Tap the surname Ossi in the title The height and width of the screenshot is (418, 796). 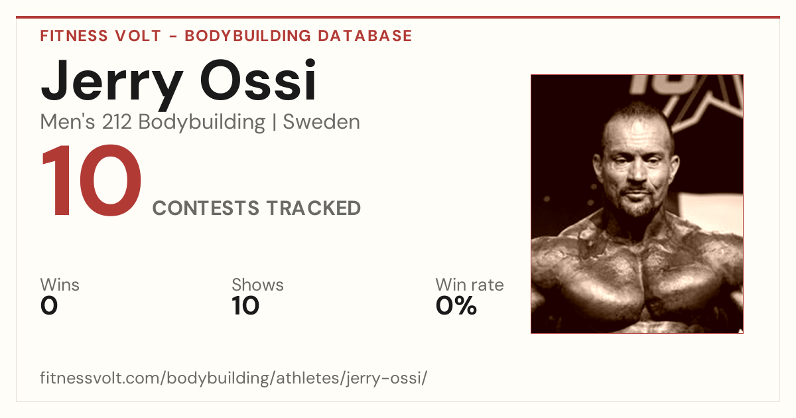[258, 80]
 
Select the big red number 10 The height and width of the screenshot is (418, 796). [92, 180]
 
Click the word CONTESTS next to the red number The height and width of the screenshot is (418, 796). [206, 208]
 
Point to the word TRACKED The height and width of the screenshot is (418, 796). [313, 208]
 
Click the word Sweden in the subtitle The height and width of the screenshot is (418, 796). [321, 122]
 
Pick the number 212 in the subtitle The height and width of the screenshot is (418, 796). [117, 122]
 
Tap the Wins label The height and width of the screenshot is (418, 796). [60, 285]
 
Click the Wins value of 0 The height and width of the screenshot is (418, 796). [49, 306]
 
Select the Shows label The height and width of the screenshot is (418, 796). [257, 285]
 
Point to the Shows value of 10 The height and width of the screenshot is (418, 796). [245, 306]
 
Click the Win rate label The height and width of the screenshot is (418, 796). [470, 285]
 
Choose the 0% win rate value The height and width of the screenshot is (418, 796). [456, 306]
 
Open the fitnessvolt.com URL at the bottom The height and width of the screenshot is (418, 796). [233, 378]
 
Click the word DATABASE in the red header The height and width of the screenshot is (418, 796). [365, 36]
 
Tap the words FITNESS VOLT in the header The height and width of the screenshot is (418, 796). [101, 36]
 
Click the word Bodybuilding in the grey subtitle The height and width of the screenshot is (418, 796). [202, 123]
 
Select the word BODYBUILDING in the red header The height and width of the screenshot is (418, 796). [247, 36]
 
